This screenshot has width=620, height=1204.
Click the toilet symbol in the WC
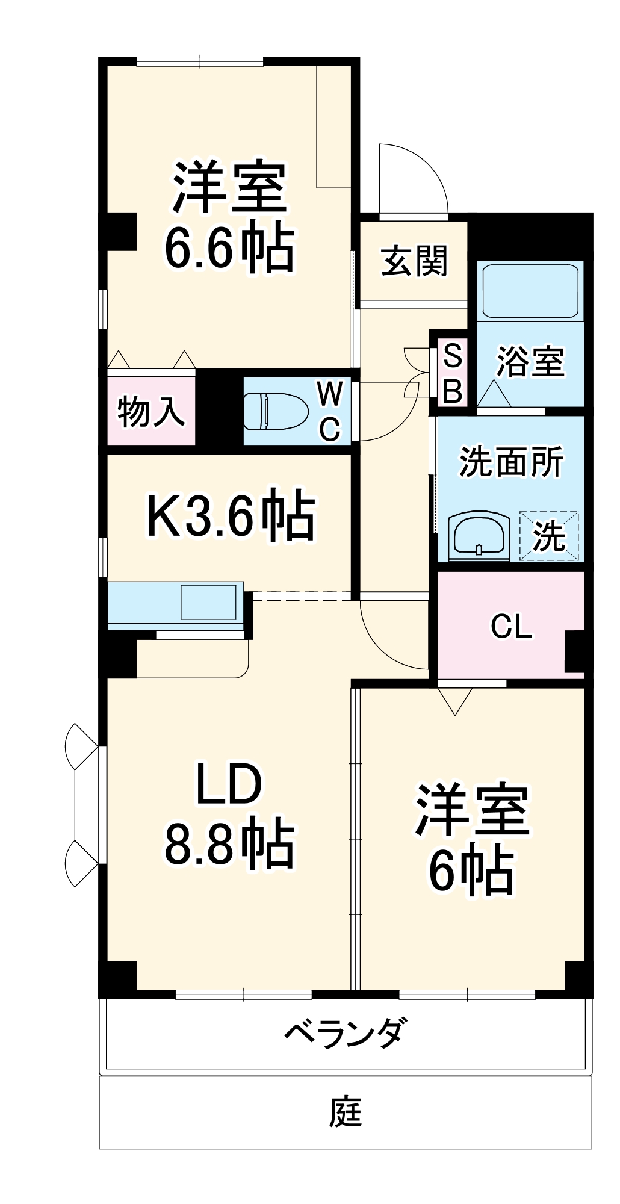[276, 411]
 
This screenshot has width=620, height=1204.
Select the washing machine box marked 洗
[549, 535]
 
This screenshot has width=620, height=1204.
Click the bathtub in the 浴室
[530, 290]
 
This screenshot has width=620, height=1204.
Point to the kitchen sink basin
[208, 601]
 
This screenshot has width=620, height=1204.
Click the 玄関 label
[415, 262]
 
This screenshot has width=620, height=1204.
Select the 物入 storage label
[150, 412]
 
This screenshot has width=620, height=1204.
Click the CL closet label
[511, 627]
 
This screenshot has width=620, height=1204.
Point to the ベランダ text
[346, 1033]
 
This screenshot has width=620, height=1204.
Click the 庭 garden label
[346, 1112]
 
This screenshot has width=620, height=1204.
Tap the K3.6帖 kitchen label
[231, 515]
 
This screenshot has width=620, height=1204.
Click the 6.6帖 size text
[230, 248]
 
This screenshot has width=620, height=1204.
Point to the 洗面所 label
[511, 462]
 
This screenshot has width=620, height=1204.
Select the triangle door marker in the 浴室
[494, 394]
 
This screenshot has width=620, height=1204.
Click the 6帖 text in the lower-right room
[471, 870]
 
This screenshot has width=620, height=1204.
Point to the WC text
[330, 411]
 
